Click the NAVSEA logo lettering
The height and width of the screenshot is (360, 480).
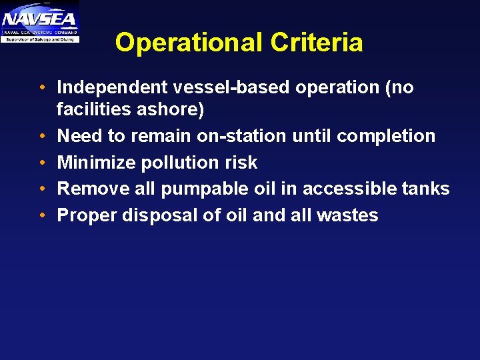point(40,17)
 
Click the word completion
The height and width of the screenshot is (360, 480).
point(386,136)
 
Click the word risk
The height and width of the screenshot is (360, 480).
point(241,163)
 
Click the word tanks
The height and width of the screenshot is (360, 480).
point(427,189)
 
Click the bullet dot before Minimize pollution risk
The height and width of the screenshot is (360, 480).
point(42,163)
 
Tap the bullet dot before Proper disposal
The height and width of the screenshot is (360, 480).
point(42,216)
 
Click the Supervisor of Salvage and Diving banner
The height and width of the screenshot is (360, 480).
point(40,39)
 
